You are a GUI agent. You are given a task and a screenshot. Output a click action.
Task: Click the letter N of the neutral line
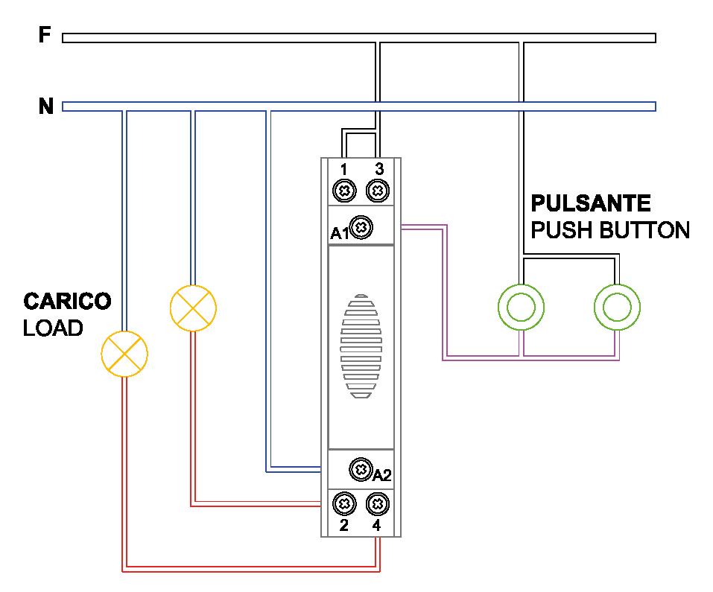click(45, 107)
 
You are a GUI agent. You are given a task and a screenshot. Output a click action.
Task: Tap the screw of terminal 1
click(343, 191)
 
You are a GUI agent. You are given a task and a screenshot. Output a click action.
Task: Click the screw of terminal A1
click(361, 228)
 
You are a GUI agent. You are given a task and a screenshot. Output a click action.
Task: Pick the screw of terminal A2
click(361, 470)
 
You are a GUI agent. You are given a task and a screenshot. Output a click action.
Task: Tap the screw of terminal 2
click(343, 504)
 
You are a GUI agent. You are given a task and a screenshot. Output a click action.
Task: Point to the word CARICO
click(67, 302)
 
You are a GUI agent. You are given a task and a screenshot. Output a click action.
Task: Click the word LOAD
click(53, 328)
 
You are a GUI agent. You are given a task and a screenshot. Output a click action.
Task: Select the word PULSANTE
click(590, 203)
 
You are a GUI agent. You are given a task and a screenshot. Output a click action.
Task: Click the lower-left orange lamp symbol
click(124, 353)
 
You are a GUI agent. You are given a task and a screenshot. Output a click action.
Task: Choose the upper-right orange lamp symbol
click(193, 307)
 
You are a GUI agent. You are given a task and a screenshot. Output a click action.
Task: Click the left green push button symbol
click(520, 306)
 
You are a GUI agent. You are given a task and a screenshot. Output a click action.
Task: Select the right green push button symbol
click(617, 306)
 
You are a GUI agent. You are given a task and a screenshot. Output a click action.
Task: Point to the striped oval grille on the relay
click(361, 346)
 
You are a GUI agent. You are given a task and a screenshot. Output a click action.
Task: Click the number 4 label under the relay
click(377, 526)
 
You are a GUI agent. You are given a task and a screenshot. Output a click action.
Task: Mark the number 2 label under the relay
click(343, 526)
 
